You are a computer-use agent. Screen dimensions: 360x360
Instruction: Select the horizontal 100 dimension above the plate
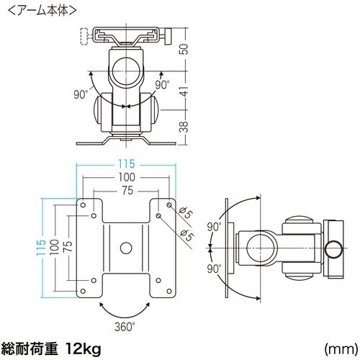[x=127, y=177]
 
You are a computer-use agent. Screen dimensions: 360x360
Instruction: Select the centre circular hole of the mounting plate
[x=127, y=248]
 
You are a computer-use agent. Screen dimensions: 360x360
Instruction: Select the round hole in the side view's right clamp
[x=333, y=249]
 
